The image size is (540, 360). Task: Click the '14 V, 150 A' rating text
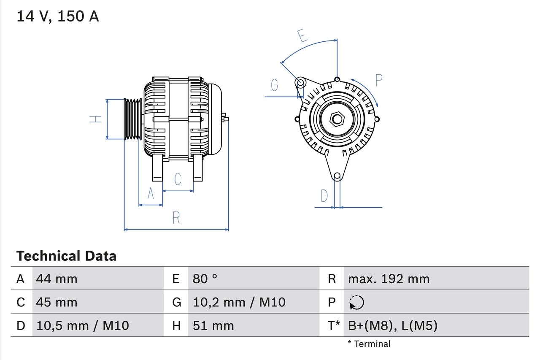(58, 16)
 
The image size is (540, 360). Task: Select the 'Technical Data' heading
(66, 256)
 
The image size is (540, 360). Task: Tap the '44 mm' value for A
(57, 279)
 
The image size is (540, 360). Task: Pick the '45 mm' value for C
(57, 302)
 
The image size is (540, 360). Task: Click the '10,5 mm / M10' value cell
(83, 325)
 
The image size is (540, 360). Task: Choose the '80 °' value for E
(205, 279)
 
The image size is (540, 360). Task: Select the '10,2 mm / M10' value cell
(239, 302)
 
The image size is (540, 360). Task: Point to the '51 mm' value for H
(213, 325)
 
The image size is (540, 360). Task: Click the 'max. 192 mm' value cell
(389, 279)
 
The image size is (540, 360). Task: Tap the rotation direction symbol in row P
(357, 302)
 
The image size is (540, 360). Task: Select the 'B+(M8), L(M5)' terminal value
(392, 325)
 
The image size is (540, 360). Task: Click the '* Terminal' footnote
(369, 344)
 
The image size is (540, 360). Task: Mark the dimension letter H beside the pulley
(96, 119)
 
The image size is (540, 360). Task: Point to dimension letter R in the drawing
(176, 218)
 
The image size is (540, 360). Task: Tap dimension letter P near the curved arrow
(378, 80)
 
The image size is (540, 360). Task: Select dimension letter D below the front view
(324, 196)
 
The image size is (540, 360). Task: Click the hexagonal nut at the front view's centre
(337, 119)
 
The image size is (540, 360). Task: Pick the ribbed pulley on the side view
(132, 119)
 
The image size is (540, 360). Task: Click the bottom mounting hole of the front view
(337, 176)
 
